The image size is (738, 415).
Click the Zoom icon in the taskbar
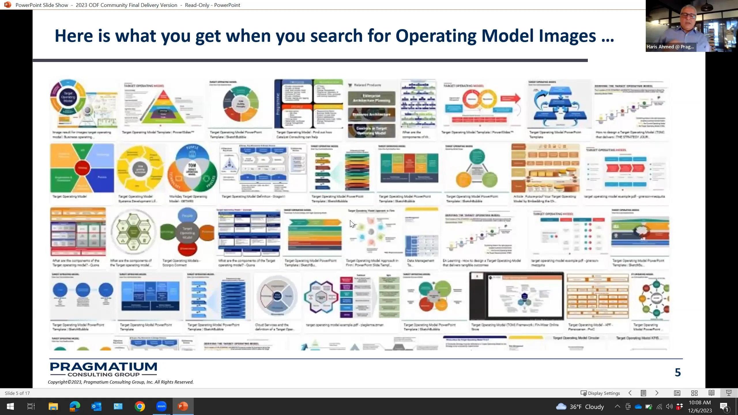point(161,406)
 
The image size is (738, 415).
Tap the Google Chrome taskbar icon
point(140,406)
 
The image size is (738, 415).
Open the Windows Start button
point(10,406)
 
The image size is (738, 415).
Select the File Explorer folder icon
point(53,406)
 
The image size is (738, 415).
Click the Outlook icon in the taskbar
point(96,406)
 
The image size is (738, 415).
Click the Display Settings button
point(600,393)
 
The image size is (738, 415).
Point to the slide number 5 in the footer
point(678,372)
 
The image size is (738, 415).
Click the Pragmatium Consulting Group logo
point(103,369)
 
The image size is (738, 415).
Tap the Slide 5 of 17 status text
point(17,393)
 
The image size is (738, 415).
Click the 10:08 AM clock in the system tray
point(700,403)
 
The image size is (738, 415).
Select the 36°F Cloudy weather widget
point(580,407)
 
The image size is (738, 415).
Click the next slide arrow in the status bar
point(657,393)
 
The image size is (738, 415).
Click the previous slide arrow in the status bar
point(630,393)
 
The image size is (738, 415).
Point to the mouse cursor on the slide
point(352,224)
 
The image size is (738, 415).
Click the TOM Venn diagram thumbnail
point(192,168)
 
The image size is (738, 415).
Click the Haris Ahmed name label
point(670,47)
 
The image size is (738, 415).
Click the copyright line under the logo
point(121,382)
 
